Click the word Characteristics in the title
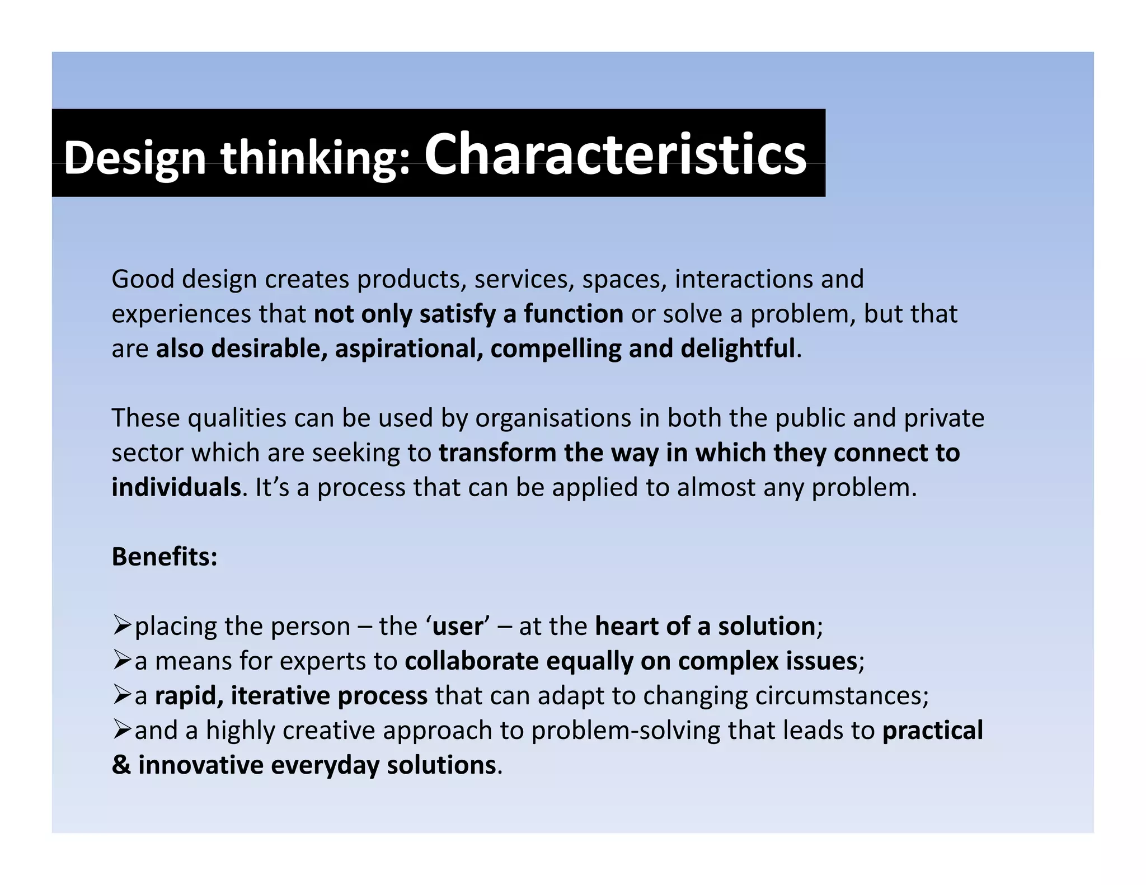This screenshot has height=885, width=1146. [x=615, y=154]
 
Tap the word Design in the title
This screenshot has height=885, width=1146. [x=135, y=158]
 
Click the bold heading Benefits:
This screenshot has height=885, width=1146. [x=165, y=557]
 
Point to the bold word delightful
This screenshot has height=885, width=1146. [x=738, y=349]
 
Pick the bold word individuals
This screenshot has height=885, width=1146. [x=176, y=487]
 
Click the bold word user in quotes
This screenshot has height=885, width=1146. [x=457, y=626]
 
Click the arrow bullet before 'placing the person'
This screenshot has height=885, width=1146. [x=121, y=625]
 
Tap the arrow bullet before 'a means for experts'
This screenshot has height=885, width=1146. [x=121, y=660]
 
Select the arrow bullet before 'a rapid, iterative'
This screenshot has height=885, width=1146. [x=121, y=694]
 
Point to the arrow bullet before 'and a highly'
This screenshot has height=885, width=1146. [x=121, y=729]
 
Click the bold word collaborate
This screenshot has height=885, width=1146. [x=472, y=661]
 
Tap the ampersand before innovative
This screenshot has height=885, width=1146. [x=121, y=765]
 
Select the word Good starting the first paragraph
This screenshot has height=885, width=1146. [x=143, y=279]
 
